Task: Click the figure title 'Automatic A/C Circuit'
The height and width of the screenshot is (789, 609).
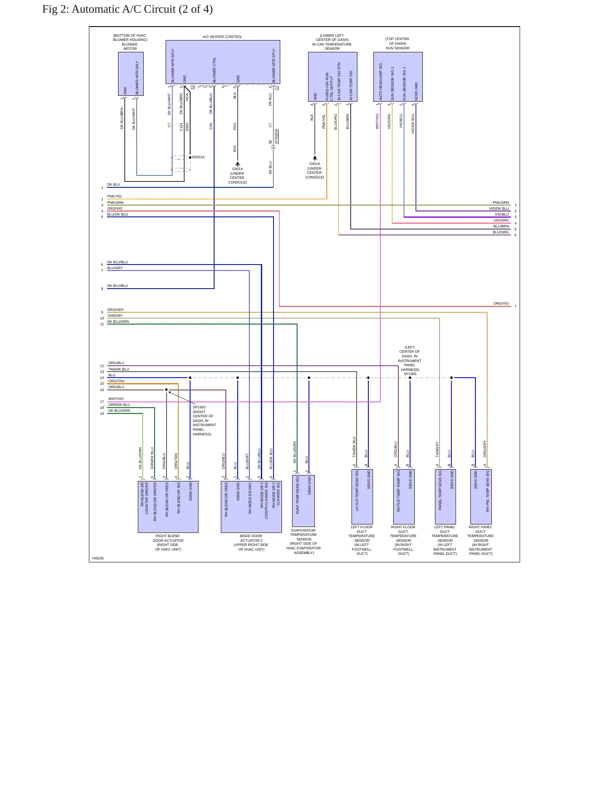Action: (x=123, y=9)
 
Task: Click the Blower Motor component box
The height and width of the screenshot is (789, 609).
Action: (x=131, y=74)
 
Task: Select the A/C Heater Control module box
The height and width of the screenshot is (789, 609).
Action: (x=223, y=62)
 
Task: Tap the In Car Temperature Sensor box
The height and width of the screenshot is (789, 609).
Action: (x=333, y=77)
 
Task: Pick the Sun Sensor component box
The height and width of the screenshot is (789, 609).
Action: (x=398, y=77)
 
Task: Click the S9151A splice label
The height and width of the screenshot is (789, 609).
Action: (x=198, y=157)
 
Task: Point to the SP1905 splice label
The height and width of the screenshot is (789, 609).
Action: (x=410, y=374)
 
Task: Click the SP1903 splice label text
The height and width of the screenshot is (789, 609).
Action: (x=199, y=407)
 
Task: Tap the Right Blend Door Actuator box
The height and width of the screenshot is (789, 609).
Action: (x=168, y=507)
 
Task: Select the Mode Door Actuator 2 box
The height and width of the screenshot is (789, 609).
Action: (x=251, y=507)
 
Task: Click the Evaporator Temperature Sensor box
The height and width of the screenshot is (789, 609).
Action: (x=303, y=501)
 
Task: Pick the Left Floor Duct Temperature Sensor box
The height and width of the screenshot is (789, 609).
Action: (x=362, y=497)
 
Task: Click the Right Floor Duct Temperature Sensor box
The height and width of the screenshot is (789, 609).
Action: (x=404, y=497)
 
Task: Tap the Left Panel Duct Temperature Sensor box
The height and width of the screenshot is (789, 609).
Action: (x=445, y=497)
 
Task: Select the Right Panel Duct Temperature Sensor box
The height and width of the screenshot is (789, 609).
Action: (x=481, y=497)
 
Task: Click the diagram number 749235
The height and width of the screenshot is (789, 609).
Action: (x=98, y=558)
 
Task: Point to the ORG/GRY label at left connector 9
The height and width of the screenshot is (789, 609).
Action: (x=115, y=310)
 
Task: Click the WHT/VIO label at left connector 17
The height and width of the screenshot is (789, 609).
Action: (x=116, y=399)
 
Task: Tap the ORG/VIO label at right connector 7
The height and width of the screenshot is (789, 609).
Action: (x=501, y=303)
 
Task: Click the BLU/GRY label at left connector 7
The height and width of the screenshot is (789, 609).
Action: (x=115, y=268)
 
